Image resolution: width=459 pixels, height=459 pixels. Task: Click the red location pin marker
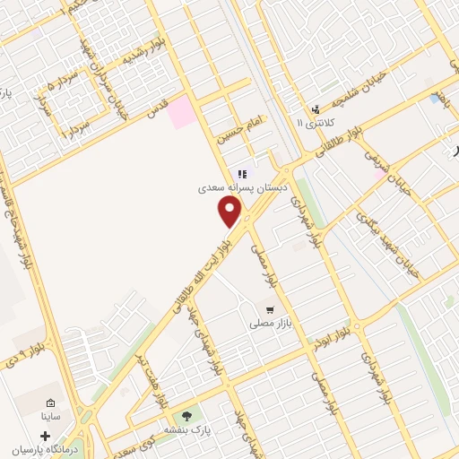[x=230, y=212]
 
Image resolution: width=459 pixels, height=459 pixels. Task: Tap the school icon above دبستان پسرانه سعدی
[x=240, y=174]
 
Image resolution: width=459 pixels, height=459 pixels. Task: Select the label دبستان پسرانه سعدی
[x=240, y=189]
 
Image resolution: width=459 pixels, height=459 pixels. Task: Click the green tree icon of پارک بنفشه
[x=186, y=415]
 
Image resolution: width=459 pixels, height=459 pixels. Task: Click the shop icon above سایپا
[x=50, y=403]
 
